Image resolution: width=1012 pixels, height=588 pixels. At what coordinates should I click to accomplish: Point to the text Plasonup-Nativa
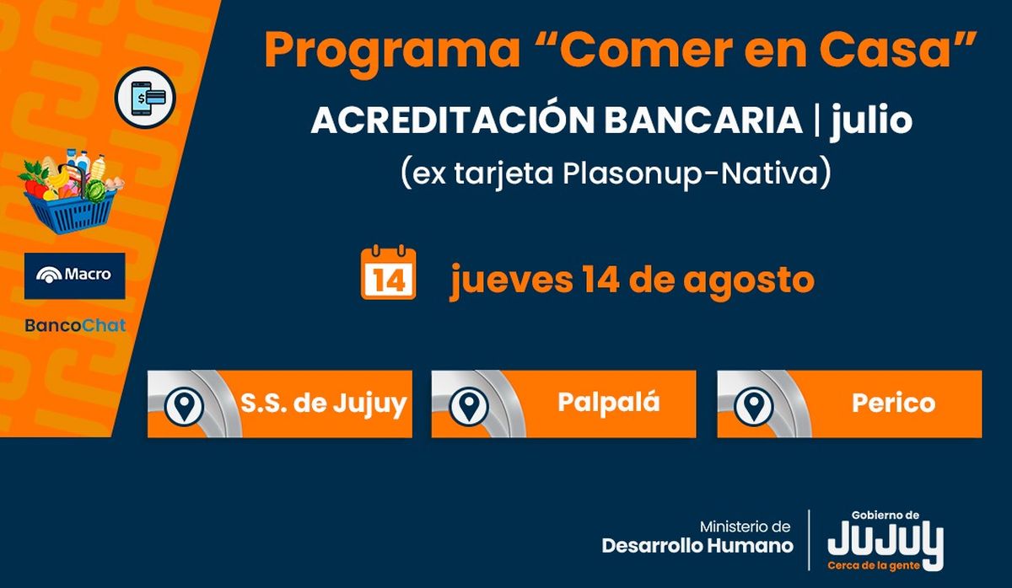click(x=691, y=174)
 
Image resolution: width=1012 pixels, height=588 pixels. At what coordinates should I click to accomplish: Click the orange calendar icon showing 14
click(x=388, y=272)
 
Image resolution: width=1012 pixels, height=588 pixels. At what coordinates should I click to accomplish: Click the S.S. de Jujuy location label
click(x=324, y=404)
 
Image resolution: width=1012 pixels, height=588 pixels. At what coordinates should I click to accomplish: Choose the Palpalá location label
click(x=609, y=402)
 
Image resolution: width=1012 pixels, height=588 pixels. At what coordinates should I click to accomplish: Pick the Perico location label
click(x=894, y=403)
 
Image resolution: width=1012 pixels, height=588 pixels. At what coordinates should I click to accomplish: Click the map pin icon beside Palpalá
click(x=469, y=406)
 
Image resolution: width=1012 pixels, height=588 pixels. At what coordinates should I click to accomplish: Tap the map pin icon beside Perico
click(x=754, y=406)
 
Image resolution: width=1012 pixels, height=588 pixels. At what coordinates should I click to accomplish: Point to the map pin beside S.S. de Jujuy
click(x=184, y=406)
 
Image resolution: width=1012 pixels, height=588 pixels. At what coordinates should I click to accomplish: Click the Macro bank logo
click(x=74, y=275)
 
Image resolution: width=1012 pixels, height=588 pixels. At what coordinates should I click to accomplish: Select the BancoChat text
click(x=75, y=325)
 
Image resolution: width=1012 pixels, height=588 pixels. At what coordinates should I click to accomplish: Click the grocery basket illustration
click(x=70, y=191)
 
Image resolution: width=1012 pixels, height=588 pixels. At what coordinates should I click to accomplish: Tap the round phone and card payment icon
click(x=145, y=98)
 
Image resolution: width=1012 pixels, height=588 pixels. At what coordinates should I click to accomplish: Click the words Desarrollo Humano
click(x=697, y=546)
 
